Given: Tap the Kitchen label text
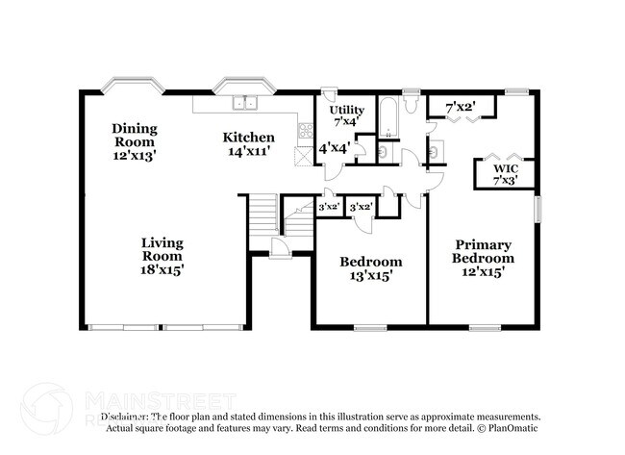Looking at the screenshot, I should (x=249, y=137).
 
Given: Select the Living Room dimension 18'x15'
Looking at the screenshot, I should (x=162, y=270).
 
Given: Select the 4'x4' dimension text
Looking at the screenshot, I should (x=333, y=147).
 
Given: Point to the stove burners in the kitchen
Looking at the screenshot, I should (x=305, y=128).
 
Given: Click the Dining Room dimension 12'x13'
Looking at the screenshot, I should (x=134, y=153).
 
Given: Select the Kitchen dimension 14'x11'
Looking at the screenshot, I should (x=249, y=151).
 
